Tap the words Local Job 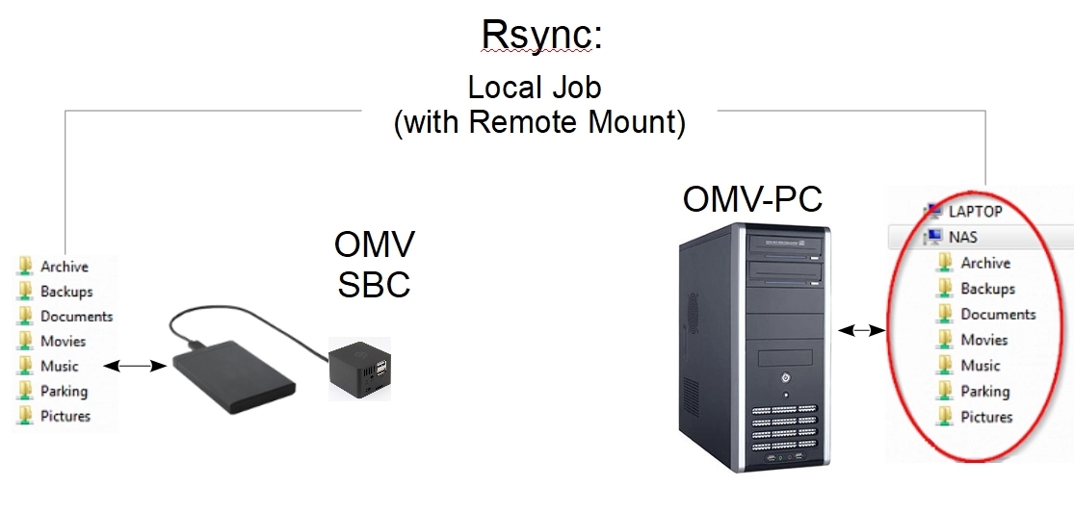pyautogui.click(x=534, y=87)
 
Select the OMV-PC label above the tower pyautogui.click(x=752, y=200)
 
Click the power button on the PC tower pyautogui.click(x=785, y=377)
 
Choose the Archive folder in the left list pyautogui.click(x=64, y=267)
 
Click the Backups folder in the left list pyautogui.click(x=65, y=292)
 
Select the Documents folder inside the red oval pyautogui.click(x=998, y=314)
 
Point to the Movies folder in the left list pyautogui.click(x=63, y=341)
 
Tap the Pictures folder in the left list pyautogui.click(x=65, y=416)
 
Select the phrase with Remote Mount pyautogui.click(x=540, y=123)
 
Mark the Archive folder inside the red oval pyautogui.click(x=984, y=263)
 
